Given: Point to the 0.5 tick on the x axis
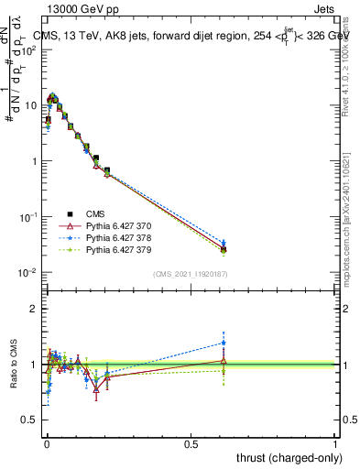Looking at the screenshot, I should point(191,443).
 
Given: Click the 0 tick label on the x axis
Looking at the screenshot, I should point(47,443).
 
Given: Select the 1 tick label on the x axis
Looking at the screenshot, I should point(336,443).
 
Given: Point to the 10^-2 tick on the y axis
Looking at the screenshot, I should point(29,272).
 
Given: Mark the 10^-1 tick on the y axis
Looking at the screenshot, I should point(29,216).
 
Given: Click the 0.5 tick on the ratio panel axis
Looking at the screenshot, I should point(33,420).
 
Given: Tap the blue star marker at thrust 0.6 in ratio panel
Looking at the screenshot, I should point(224,344).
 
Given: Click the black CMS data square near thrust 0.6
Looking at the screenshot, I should point(224,249).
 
